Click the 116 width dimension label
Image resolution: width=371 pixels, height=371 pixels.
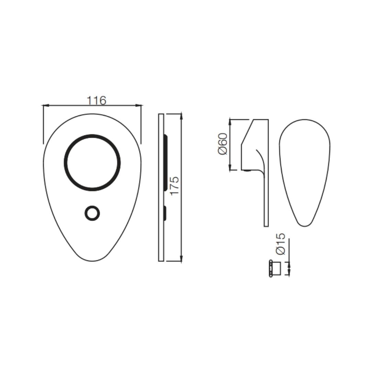point(97,101)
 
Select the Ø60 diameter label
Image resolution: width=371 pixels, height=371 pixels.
point(223,144)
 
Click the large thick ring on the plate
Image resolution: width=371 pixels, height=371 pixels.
point(92,136)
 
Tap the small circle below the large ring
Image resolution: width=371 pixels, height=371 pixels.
point(92,206)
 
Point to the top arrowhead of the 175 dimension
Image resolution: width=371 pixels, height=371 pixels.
point(181,116)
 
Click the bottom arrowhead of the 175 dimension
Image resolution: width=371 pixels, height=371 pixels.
point(181,258)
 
